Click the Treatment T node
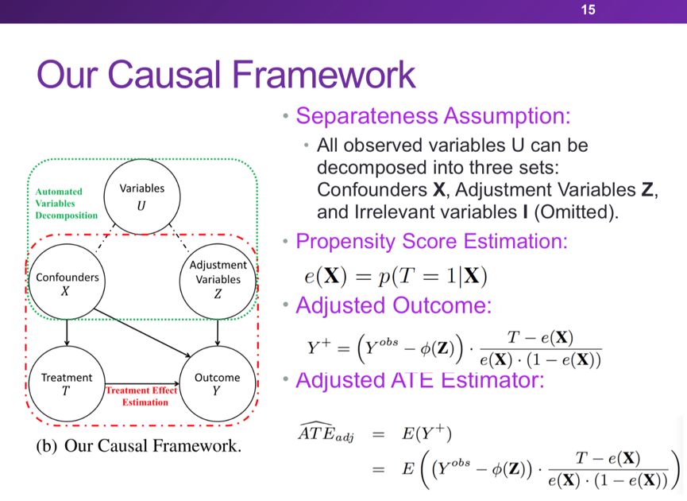67,384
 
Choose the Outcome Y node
217,384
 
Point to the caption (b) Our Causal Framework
139,445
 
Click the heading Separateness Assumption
434,115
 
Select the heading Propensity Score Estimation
430,240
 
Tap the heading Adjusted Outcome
394,305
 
